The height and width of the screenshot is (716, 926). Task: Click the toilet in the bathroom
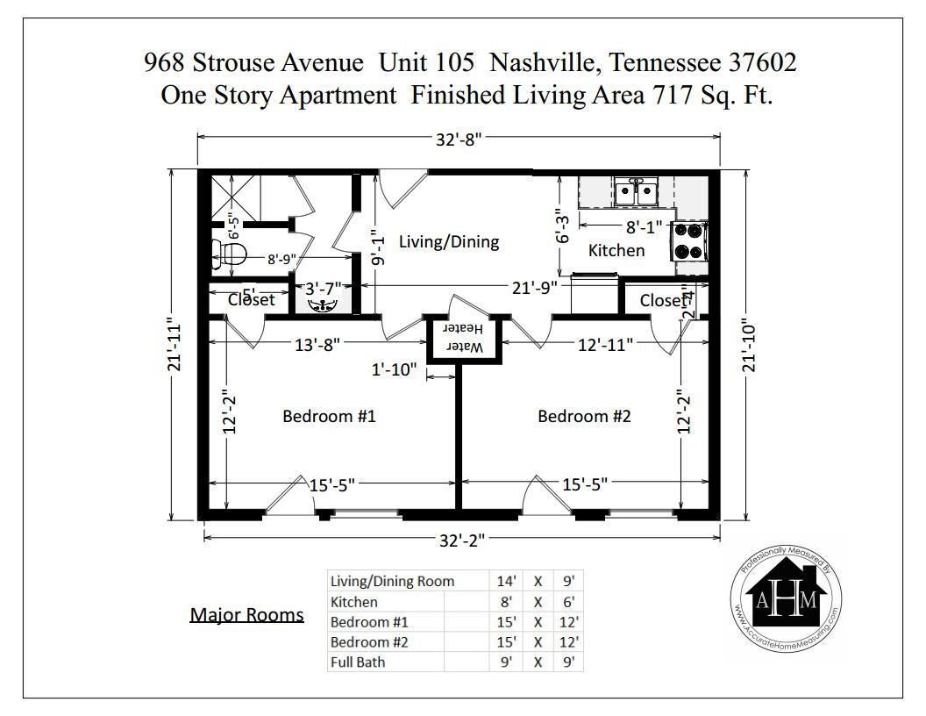[x=229, y=255]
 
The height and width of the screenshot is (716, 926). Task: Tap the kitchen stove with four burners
[x=689, y=240]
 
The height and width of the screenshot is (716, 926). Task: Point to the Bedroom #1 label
[x=329, y=416]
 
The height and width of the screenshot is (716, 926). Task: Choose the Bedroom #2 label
[x=584, y=416]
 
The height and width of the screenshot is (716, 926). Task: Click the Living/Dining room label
[x=449, y=241]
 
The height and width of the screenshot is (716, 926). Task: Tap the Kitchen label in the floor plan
[x=616, y=250]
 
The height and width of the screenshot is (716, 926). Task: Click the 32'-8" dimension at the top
[x=459, y=138]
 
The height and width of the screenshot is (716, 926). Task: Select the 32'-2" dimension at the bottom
[x=461, y=540]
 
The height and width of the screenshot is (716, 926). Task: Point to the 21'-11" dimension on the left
[x=175, y=345]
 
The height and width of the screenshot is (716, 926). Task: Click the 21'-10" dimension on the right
[x=748, y=345]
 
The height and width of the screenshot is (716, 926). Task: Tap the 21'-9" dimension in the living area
[x=535, y=287]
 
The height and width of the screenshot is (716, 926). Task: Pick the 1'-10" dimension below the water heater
[x=393, y=370]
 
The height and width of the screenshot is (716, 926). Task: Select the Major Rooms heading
[x=246, y=614]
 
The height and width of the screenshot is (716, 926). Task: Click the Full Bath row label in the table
[x=357, y=662]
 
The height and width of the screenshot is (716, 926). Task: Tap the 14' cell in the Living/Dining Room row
[x=507, y=581]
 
